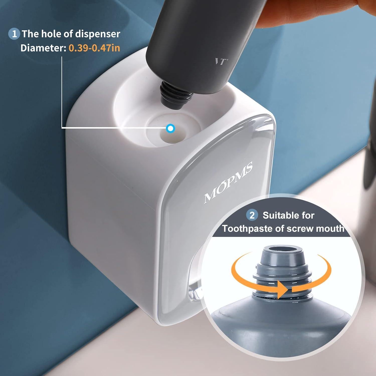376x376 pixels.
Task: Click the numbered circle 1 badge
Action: tap(14, 34)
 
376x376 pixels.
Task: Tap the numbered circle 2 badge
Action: tap(252, 215)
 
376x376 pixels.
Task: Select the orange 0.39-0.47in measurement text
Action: tap(95, 48)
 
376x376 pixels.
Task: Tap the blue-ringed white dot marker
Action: tap(170, 129)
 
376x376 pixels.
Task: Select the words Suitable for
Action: tap(288, 215)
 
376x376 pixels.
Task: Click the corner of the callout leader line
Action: tap(62, 128)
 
